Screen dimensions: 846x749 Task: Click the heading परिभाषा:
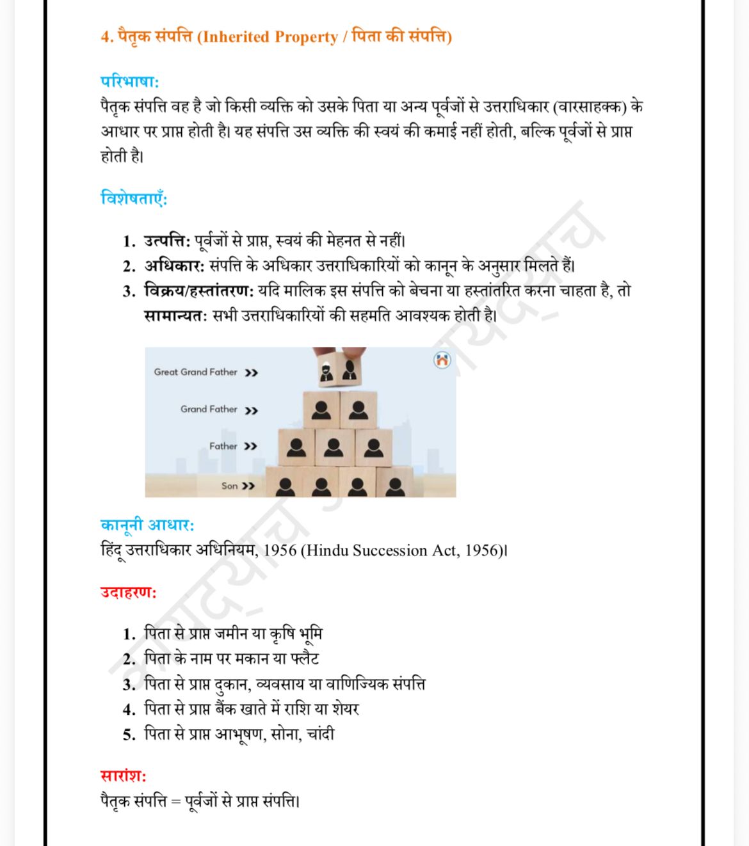pyautogui.click(x=129, y=82)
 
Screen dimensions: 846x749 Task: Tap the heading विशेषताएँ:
pyautogui.click(x=134, y=198)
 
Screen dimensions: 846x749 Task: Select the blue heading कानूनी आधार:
pyautogui.click(x=147, y=525)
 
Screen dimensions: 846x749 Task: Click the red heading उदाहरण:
pyautogui.click(x=128, y=592)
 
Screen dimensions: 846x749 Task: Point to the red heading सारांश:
pyautogui.click(x=124, y=776)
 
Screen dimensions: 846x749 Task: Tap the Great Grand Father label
pyautogui.click(x=195, y=372)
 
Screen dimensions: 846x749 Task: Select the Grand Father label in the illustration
pyautogui.click(x=209, y=409)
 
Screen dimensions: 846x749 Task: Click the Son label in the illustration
pyautogui.click(x=229, y=486)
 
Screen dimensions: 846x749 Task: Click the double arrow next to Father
pyautogui.click(x=250, y=446)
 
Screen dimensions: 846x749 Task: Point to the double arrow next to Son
pyautogui.click(x=248, y=486)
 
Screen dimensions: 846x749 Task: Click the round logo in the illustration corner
pyautogui.click(x=442, y=360)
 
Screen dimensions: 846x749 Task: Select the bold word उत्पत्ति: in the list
pyautogui.click(x=167, y=241)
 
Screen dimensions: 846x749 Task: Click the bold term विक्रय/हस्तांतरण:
pyautogui.click(x=199, y=291)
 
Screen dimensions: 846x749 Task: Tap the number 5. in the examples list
pyautogui.click(x=129, y=735)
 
